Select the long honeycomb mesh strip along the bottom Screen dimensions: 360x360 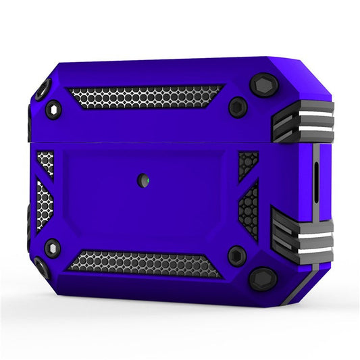[144, 263]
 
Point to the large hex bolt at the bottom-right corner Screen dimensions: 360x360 [262, 278]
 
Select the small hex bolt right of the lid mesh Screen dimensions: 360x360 [236, 107]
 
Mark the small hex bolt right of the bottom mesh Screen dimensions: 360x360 [236, 255]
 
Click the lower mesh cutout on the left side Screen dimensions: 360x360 [44, 203]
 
